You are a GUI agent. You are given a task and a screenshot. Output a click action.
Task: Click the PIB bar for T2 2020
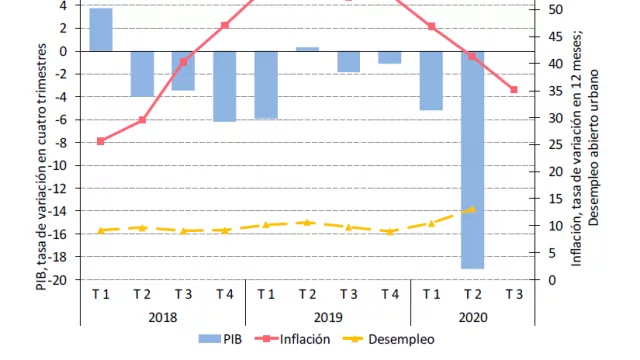[x=472, y=159]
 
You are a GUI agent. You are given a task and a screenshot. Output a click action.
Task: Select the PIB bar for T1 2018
[x=101, y=29]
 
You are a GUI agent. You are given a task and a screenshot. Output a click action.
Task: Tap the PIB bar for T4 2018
[x=225, y=86]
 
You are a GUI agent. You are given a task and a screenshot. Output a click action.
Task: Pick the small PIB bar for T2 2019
[x=307, y=48]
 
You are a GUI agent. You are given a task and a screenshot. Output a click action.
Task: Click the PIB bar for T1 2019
[x=266, y=85]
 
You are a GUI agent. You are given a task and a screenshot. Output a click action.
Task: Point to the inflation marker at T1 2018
[x=101, y=141]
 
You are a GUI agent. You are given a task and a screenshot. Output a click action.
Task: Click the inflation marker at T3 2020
[x=514, y=90]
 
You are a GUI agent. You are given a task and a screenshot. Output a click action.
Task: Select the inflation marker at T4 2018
[x=225, y=25]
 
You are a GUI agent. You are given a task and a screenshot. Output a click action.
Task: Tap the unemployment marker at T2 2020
[x=472, y=210]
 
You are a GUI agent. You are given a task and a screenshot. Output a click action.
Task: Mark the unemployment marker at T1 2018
[x=101, y=230]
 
